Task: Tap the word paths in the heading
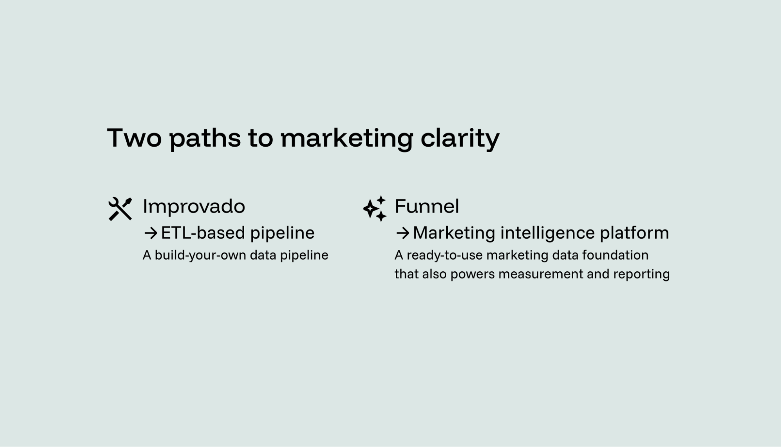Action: [205, 138]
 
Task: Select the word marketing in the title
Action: [347, 138]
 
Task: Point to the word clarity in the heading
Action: [460, 138]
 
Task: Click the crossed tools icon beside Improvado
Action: [120, 209]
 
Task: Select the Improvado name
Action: [194, 206]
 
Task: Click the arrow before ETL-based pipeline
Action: [150, 233]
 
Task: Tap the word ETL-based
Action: [203, 233]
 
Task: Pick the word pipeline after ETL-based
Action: [282, 233]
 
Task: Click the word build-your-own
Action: [200, 255]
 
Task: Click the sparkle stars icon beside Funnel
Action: [375, 209]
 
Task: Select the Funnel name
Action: [427, 206]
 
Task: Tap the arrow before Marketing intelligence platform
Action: [402, 233]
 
